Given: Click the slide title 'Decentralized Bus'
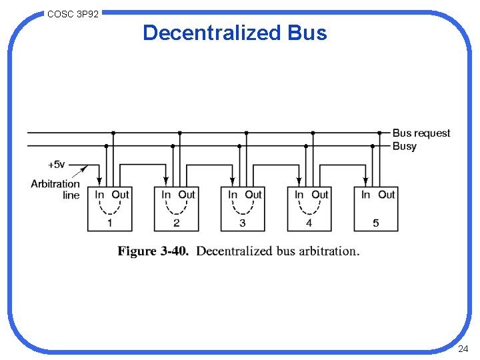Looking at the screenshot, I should [235, 33].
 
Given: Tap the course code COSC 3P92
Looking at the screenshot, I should [73, 13].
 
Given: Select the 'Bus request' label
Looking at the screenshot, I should [421, 133].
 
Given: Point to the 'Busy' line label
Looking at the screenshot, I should [404, 146].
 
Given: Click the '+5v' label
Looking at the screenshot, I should [58, 164].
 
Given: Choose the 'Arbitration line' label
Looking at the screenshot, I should [55, 189].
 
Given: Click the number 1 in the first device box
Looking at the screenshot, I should [109, 223].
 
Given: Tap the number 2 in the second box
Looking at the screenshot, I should [176, 223].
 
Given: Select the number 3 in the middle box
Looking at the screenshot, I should [243, 223].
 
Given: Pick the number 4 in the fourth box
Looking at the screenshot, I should [309, 223].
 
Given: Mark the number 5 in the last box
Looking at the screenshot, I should [376, 223].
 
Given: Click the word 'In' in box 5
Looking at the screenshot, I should [366, 195].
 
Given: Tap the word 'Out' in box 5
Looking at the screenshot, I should [387, 195].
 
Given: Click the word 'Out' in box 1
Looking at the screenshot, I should [121, 195].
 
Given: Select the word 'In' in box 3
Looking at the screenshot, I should [233, 195].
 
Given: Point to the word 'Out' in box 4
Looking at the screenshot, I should [321, 195].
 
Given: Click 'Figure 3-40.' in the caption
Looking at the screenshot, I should [154, 251].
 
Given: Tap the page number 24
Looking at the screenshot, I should [463, 349].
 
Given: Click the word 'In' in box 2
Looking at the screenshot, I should [166, 195].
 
